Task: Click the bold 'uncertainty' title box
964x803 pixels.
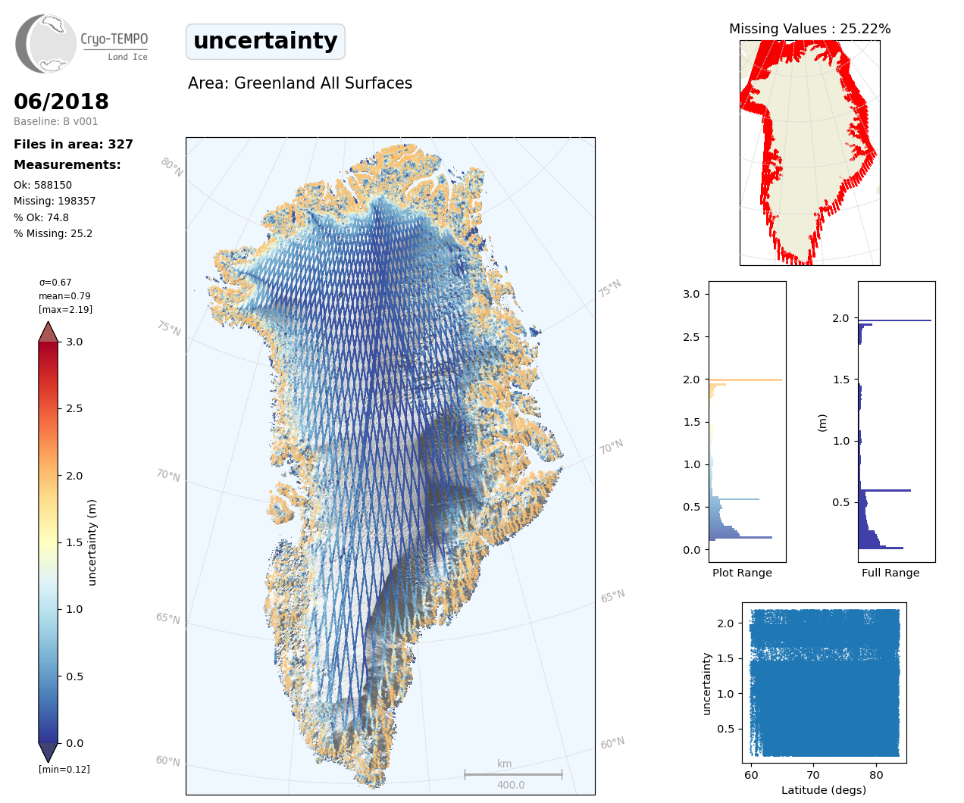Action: click(265, 41)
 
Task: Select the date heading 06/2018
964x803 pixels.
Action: click(61, 102)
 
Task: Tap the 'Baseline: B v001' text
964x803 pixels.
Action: click(56, 121)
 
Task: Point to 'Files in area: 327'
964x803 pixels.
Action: click(74, 144)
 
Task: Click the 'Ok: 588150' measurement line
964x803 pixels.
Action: click(43, 185)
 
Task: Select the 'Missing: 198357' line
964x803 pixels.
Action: click(55, 201)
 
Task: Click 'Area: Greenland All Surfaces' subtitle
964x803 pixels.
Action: click(300, 83)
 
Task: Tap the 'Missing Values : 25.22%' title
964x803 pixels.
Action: click(809, 29)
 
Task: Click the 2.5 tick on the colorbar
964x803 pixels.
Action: click(74, 408)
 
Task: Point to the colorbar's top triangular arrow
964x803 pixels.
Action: click(49, 332)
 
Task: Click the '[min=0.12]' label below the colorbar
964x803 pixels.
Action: click(64, 769)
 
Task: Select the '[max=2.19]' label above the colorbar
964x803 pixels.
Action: click(66, 309)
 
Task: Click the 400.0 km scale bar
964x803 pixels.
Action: click(513, 774)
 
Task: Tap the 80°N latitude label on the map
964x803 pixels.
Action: click(171, 167)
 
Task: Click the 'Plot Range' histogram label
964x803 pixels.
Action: click(742, 573)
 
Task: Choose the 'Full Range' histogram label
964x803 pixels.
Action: click(890, 573)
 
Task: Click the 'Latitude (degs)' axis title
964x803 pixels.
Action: click(824, 790)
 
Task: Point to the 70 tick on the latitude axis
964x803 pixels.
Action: click(813, 775)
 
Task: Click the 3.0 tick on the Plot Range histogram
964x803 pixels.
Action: click(691, 294)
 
